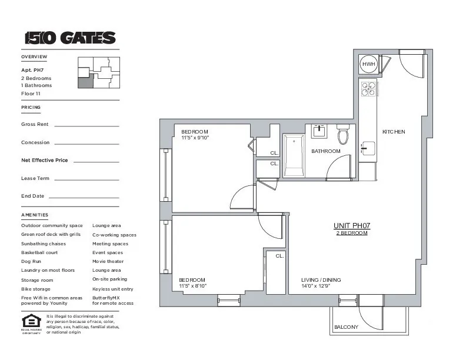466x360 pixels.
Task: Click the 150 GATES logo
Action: (70, 38)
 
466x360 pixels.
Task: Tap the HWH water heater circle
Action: (368, 64)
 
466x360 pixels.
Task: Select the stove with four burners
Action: (368, 89)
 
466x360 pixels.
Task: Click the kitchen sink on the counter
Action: (367, 148)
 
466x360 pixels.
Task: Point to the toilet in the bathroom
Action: (343, 136)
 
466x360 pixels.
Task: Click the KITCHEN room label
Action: (394, 132)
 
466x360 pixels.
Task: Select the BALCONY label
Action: (346, 327)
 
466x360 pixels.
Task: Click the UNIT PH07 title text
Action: (351, 226)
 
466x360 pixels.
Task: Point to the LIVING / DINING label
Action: (321, 280)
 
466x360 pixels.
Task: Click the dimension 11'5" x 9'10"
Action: (195, 138)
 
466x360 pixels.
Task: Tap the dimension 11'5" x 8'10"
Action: (193, 286)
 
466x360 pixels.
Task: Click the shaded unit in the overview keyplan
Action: (85, 81)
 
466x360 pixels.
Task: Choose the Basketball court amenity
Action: (39, 252)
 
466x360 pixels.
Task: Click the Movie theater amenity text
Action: (108, 261)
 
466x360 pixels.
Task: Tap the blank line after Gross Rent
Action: (86, 125)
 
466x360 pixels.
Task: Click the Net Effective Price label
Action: (45, 160)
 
